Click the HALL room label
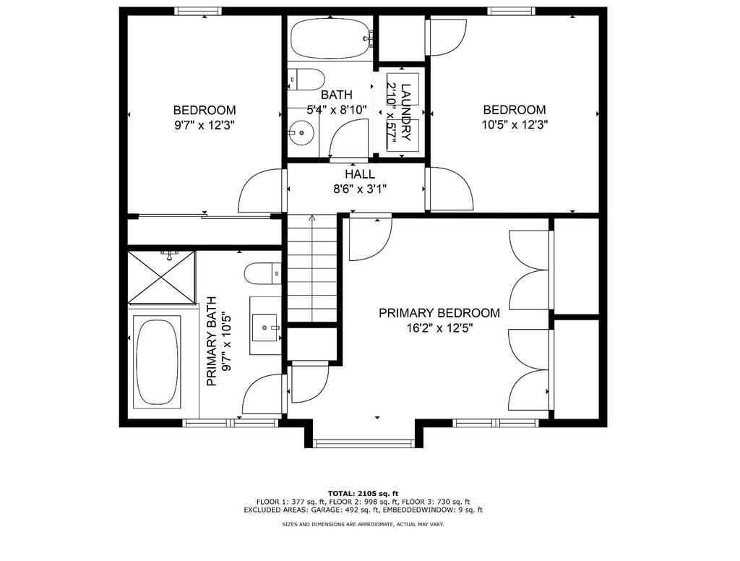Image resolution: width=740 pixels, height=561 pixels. (360, 174)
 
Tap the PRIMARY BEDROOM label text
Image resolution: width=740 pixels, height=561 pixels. (439, 313)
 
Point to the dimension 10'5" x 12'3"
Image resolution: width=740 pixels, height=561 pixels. (515, 125)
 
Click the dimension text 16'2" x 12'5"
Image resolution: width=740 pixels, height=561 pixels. (439, 328)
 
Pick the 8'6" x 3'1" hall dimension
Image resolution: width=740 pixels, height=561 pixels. (360, 189)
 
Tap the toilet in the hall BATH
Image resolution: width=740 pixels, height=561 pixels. (306, 79)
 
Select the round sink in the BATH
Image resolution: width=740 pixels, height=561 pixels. (301, 133)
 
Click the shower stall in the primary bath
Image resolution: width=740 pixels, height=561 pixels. (161, 277)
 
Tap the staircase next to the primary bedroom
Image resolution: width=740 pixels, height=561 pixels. (312, 269)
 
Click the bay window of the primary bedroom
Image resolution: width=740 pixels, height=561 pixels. (364, 443)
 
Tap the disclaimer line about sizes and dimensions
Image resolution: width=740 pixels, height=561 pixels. (363, 524)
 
